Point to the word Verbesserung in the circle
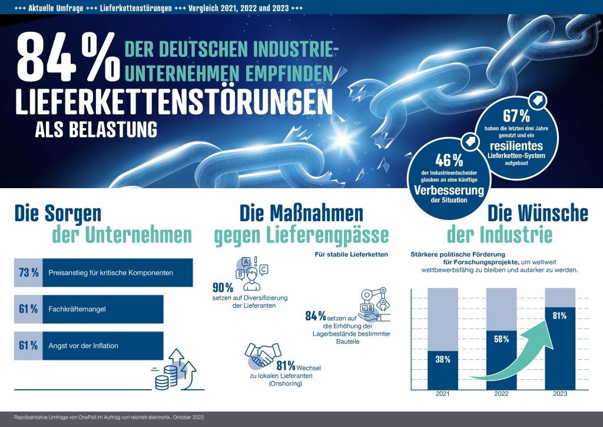point(449,190)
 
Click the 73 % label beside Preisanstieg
point(28,273)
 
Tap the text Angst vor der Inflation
point(84,346)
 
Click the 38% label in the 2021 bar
point(442,359)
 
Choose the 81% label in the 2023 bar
point(559,316)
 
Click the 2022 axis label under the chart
point(501,394)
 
